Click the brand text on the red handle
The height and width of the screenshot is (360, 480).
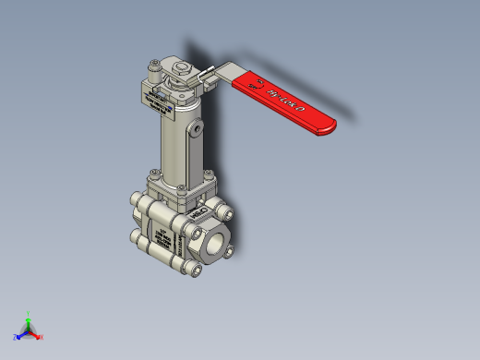click(x=281, y=97)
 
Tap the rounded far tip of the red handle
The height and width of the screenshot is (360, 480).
click(x=330, y=126)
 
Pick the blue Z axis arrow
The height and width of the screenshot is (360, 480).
click(x=19, y=335)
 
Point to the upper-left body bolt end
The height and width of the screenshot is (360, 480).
click(x=136, y=203)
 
